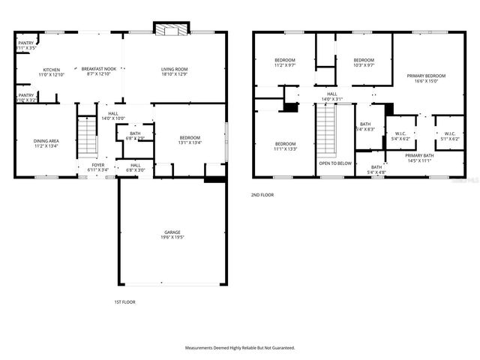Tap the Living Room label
click(x=173, y=70)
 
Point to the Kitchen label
click(x=51, y=70)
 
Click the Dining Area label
click(x=46, y=141)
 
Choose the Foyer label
click(x=98, y=165)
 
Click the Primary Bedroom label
click(x=426, y=76)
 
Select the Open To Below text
click(x=335, y=163)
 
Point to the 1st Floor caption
click(x=124, y=302)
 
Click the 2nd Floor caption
click(x=262, y=195)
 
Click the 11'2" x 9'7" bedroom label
click(x=285, y=60)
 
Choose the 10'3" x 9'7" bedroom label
click(x=364, y=60)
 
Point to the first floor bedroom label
click(x=190, y=137)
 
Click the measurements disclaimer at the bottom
click(x=240, y=348)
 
